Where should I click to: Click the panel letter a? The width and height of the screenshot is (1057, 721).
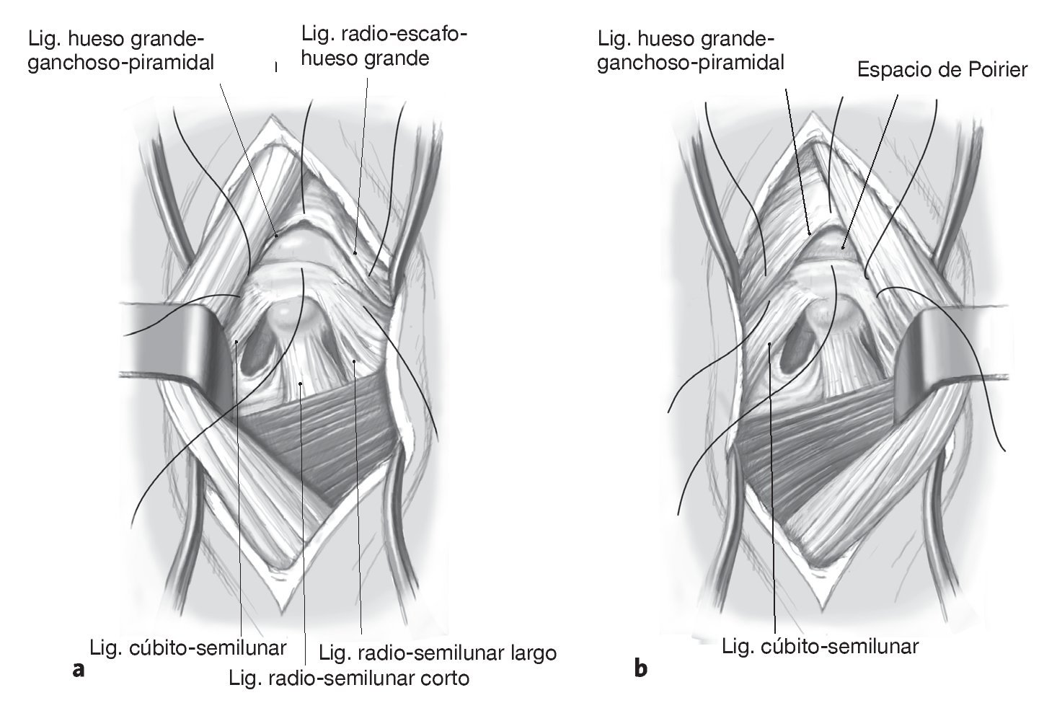(x=79, y=670)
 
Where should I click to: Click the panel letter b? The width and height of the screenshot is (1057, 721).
(x=641, y=670)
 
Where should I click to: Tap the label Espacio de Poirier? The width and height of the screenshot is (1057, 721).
(x=942, y=70)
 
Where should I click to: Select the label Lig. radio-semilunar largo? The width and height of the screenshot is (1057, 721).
(x=438, y=653)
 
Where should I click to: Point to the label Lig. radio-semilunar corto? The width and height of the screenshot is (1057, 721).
(x=349, y=678)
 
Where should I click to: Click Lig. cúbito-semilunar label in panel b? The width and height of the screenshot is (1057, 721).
(x=821, y=645)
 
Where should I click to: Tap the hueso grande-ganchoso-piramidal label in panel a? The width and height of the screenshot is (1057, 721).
(x=120, y=49)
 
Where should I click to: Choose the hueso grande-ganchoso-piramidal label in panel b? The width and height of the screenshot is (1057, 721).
(x=691, y=49)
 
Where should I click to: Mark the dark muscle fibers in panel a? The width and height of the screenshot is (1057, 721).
(x=317, y=440)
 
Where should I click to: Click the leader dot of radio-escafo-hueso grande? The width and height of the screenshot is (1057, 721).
(x=355, y=253)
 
